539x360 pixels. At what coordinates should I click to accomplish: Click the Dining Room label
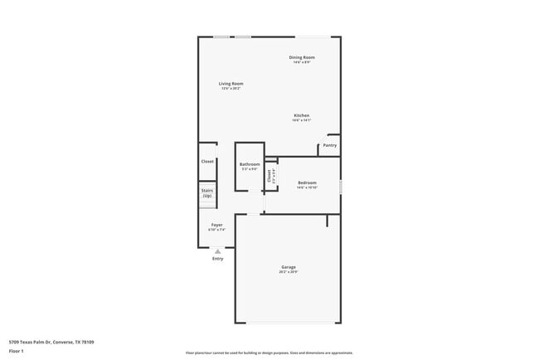(301, 57)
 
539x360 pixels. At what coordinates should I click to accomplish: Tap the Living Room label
(231, 84)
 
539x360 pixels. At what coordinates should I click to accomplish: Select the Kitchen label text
(301, 115)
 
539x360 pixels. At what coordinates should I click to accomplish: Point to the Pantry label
(329, 145)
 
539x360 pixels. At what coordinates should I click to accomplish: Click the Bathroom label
(250, 164)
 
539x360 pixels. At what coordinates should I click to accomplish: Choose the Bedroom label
(307, 182)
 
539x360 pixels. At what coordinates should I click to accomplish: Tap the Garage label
(288, 267)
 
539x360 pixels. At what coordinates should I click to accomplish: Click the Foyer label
(216, 225)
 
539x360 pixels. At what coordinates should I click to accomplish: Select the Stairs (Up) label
(207, 192)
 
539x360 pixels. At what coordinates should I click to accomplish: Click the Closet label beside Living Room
(207, 162)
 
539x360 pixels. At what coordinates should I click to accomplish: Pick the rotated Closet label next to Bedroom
(269, 175)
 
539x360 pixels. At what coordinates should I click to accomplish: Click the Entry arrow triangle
(218, 251)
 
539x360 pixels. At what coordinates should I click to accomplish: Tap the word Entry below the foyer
(218, 259)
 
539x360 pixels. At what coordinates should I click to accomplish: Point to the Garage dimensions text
(288, 272)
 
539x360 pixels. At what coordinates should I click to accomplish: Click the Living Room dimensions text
(231, 89)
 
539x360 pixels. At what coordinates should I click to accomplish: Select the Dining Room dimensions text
(301, 62)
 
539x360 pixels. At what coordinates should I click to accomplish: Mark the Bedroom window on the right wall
(340, 182)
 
